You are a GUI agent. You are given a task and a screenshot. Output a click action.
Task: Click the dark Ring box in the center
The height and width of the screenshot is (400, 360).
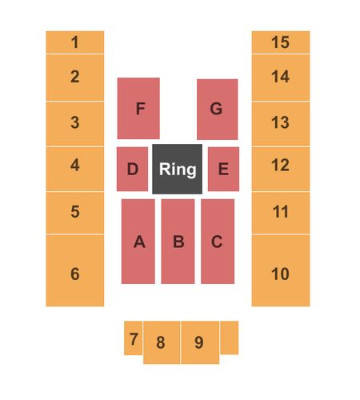177,169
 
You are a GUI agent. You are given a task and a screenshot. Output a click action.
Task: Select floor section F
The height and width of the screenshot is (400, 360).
138,108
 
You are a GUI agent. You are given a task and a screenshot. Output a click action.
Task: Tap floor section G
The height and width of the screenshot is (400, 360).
218,110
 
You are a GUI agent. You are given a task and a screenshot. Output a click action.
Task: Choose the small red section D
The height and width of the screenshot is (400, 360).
132,169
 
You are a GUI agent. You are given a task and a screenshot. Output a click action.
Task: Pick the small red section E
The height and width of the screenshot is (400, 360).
223,169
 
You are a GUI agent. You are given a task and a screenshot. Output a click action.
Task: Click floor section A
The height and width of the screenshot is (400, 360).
138,242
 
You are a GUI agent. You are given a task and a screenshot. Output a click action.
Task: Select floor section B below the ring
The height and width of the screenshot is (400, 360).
178,242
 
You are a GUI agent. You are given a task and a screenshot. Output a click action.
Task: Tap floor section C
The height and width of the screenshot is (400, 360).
218,242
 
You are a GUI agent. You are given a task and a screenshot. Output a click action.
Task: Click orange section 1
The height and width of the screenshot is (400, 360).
75,42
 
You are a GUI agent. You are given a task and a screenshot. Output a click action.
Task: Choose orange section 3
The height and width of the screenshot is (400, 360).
75,124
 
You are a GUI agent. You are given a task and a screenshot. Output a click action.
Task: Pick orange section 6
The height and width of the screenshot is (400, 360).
75,270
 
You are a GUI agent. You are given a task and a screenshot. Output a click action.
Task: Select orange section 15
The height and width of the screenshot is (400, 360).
281,42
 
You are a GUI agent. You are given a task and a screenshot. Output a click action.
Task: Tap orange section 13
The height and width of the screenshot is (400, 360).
281,124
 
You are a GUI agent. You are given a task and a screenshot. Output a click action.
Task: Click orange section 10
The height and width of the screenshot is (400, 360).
281,270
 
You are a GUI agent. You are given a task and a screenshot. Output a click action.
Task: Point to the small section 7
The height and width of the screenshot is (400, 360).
133,338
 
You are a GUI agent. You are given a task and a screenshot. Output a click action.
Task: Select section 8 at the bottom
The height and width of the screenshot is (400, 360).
162,342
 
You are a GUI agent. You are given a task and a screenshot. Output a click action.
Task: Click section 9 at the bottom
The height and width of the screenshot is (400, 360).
200,342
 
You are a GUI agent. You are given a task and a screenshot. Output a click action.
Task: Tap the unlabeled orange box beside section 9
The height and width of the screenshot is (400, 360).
230,338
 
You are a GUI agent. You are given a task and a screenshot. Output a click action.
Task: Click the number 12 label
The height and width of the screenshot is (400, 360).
280,165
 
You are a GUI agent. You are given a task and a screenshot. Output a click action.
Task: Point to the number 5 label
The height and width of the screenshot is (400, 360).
75,211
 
